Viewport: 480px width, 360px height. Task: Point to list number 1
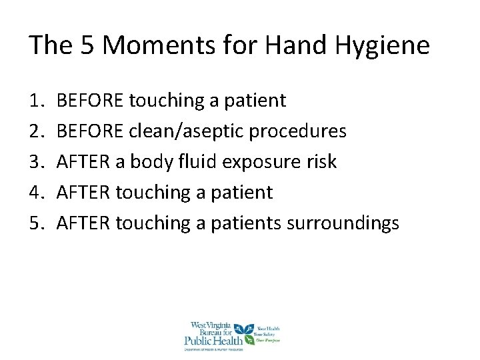pyautogui.click(x=36, y=101)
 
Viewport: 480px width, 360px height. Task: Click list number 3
pyautogui.click(x=36, y=162)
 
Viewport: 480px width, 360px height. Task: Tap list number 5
pyautogui.click(x=36, y=223)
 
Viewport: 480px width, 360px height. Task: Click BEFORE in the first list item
pyautogui.click(x=90, y=101)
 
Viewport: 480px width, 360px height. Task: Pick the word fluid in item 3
pyautogui.click(x=207, y=162)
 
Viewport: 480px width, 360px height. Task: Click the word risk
pyautogui.click(x=323, y=162)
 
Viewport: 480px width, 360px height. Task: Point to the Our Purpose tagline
pyautogui.click(x=269, y=340)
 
